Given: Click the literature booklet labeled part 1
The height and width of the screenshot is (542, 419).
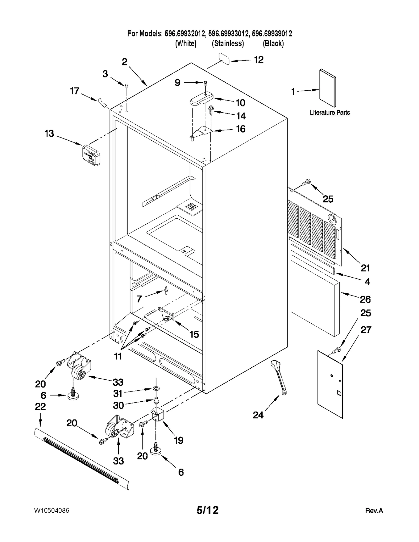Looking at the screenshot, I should click(x=327, y=88).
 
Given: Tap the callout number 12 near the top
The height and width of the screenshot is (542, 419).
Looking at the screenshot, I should click(x=259, y=60).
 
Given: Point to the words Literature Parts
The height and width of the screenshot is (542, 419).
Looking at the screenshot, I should click(x=330, y=113).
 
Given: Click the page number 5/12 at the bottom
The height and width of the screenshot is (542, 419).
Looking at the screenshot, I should click(x=207, y=510).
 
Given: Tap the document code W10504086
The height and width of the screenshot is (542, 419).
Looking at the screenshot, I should click(x=52, y=511).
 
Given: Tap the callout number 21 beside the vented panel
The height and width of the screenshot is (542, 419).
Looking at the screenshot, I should click(x=365, y=268).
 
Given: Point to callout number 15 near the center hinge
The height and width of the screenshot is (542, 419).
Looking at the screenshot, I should click(x=194, y=334).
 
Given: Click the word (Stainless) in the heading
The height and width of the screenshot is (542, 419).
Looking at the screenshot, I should click(x=228, y=43).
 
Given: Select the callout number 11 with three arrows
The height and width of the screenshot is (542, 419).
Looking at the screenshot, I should click(x=118, y=356).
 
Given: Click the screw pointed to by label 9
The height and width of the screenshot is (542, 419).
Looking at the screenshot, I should click(x=206, y=83).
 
